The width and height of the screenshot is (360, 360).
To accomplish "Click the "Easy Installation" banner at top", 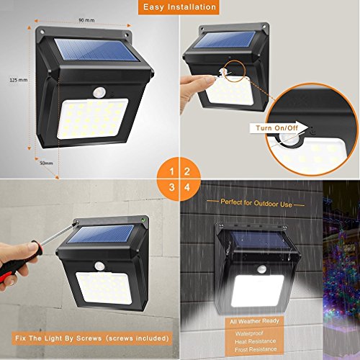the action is (179, 7).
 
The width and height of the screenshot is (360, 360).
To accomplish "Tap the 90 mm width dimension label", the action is (86, 20).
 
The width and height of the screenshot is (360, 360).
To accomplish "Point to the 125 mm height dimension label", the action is (19, 80).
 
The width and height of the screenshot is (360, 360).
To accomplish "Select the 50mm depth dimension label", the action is (46, 163).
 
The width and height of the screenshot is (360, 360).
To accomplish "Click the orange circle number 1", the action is (171, 171).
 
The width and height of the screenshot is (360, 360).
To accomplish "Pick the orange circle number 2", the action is (187, 171).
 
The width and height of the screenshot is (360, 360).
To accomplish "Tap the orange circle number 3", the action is (171, 187).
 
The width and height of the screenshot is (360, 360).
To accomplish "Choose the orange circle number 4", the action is (187, 187).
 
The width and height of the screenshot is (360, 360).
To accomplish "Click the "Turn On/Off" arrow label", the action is (279, 127).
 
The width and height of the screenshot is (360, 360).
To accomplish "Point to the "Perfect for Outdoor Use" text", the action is (256, 203).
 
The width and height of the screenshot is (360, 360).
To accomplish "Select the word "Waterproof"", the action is (249, 333).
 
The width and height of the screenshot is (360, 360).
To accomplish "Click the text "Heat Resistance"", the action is (256, 341).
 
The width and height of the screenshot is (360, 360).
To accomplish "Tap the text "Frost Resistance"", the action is (256, 349).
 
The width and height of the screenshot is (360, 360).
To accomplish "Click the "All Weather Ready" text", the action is (254, 321).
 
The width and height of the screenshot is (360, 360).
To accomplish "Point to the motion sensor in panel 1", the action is (99, 92).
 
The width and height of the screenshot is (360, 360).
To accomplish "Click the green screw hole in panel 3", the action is (143, 220).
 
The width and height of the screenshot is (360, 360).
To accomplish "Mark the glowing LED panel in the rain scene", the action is (258, 291).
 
